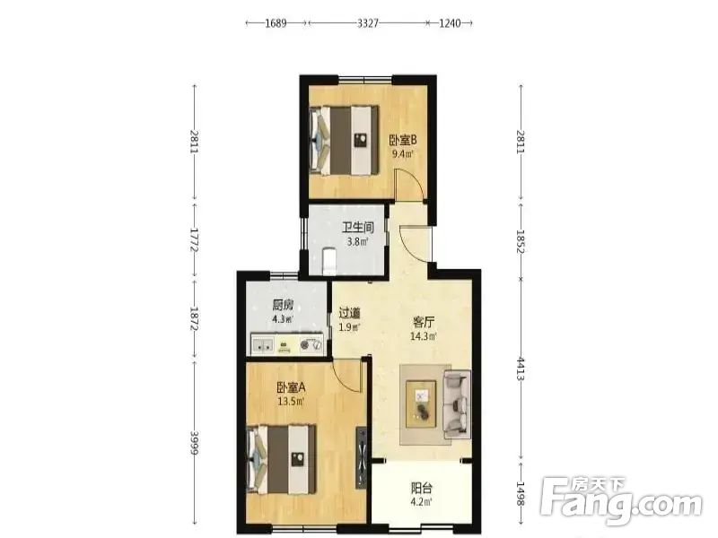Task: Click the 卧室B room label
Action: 402,140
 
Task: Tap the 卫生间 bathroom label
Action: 358,228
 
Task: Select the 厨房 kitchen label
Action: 283,305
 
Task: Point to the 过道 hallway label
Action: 349,313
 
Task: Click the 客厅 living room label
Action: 424,322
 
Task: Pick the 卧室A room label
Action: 291,388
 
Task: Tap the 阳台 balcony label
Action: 422,488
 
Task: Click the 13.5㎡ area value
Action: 291,402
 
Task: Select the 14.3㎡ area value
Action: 424,336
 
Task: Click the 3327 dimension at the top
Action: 368,23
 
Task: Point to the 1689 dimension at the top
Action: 276,23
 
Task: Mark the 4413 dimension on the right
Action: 521,369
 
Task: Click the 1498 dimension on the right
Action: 521,493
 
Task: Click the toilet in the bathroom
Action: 329,261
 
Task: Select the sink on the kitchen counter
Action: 262,344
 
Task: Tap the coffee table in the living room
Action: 421,404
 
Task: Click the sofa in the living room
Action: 457,403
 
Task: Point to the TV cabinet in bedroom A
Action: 362,457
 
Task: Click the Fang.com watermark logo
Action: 621,502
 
